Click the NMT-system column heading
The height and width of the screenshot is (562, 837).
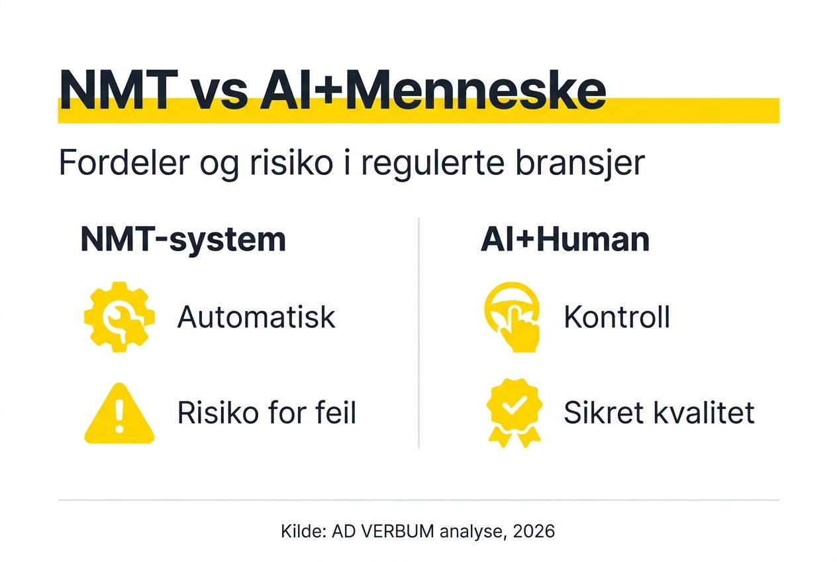point(183,239)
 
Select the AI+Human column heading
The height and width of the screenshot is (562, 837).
point(565,239)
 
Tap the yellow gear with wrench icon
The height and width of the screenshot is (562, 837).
point(119,317)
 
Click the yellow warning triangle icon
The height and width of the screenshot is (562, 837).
point(119,414)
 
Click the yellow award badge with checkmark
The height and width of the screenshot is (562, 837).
point(514,411)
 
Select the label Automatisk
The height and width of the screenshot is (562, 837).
point(256,318)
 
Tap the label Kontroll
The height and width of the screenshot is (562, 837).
point(616,318)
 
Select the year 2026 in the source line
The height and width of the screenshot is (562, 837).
point(534,531)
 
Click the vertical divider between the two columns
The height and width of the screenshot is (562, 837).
point(418,331)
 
